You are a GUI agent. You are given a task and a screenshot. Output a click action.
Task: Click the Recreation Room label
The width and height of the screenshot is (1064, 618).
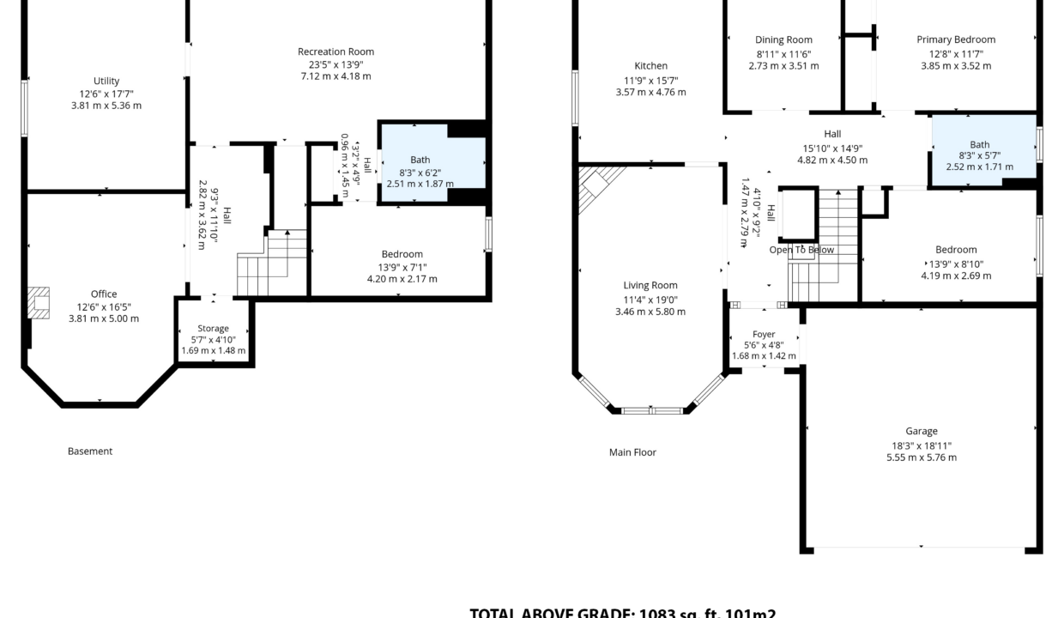tap(336, 51)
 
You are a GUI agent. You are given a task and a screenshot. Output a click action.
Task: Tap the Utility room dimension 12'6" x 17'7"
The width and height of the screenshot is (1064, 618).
tap(106, 94)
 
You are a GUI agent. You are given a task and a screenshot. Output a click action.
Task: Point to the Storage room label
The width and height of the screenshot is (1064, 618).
tap(213, 328)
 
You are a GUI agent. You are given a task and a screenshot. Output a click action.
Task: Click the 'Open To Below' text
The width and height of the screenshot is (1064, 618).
tap(801, 250)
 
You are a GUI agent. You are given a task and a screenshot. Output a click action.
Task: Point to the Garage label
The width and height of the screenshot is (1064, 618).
tap(921, 431)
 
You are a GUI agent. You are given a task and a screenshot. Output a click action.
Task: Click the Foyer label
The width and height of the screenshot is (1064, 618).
tap(764, 334)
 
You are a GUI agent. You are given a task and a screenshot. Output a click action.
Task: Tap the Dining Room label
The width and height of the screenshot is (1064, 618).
tap(783, 39)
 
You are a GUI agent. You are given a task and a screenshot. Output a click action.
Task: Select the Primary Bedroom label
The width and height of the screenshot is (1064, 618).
tap(956, 39)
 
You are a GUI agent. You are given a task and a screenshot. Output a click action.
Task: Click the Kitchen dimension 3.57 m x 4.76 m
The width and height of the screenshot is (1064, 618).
tap(650, 92)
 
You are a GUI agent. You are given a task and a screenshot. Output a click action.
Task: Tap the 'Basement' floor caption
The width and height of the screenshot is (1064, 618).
tap(90, 451)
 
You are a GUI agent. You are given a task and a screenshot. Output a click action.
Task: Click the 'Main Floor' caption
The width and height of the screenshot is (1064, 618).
tap(632, 451)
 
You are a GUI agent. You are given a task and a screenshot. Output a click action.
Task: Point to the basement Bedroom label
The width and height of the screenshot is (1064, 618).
tap(402, 254)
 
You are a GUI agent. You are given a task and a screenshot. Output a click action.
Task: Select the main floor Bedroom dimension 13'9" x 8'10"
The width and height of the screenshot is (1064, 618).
tap(956, 264)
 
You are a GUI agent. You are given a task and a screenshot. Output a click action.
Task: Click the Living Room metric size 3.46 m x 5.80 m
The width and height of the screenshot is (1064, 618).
tap(650, 312)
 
